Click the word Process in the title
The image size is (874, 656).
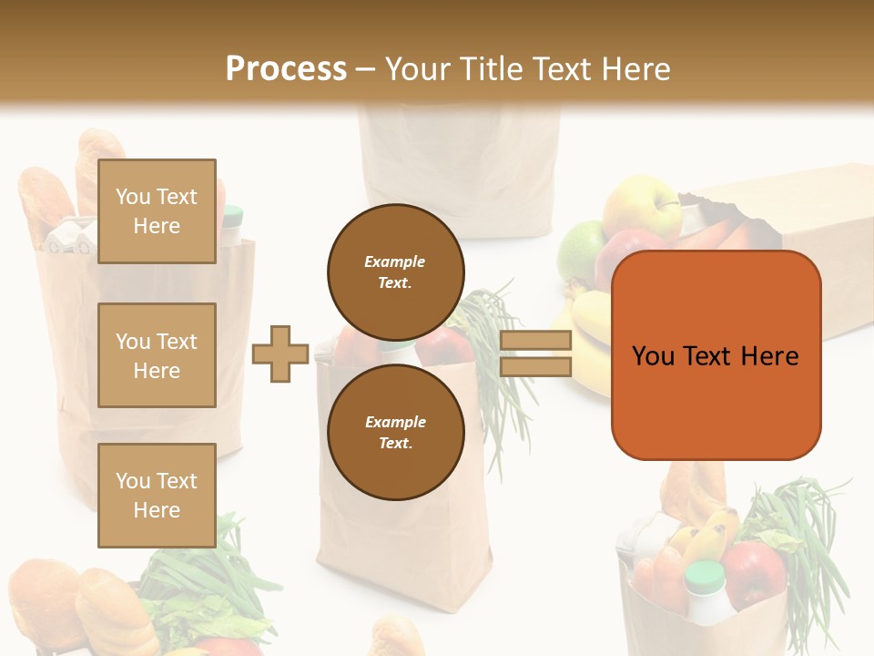(286, 68)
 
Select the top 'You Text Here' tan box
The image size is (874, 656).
(157, 211)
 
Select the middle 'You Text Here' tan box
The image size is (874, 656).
(157, 355)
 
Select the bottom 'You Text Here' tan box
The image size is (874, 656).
(157, 496)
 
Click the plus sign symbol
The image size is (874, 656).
(280, 354)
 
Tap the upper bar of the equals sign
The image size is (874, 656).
(535, 340)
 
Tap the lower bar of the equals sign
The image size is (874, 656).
(535, 366)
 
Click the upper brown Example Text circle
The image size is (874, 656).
(395, 272)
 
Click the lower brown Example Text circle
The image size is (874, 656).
(395, 432)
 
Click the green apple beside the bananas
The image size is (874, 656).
(580, 250)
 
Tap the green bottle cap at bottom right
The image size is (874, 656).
(705, 575)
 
